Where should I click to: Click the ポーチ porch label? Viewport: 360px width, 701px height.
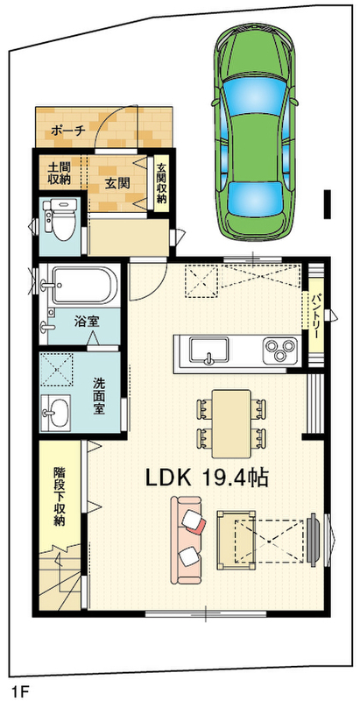[x=68, y=131]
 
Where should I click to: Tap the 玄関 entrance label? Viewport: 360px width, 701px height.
[x=117, y=183]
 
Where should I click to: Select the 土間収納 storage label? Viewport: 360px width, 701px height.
[x=60, y=174]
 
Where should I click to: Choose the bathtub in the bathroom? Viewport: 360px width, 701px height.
[x=84, y=286]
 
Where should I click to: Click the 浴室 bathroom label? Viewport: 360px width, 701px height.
[x=87, y=320]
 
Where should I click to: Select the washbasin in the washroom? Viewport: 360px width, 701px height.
[x=55, y=413]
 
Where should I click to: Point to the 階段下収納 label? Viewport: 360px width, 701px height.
[x=60, y=496]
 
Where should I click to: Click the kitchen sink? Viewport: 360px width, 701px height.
[x=208, y=349]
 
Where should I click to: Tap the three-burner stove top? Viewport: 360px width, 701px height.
[x=280, y=349]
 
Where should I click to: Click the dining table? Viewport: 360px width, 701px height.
[x=231, y=424]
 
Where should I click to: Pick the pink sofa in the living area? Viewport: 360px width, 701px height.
[x=187, y=540]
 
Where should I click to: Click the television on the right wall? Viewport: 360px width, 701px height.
[x=313, y=541]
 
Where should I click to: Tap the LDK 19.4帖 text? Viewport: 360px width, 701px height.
[x=207, y=478]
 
